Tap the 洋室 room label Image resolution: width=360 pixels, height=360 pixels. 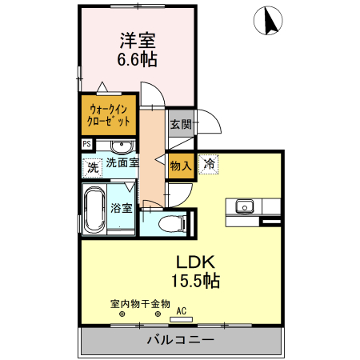(138, 40)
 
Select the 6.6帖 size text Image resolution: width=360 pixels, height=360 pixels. (138, 60)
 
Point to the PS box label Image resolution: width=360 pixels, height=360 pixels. (86, 144)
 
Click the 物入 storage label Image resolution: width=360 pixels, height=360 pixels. (181, 166)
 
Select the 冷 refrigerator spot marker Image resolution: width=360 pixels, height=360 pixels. (209, 164)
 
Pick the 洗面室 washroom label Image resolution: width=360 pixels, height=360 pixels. (122, 162)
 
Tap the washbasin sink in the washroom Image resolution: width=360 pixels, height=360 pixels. (122, 146)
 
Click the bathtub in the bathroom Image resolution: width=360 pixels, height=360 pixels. (95, 209)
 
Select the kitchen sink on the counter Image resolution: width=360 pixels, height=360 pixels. (243, 206)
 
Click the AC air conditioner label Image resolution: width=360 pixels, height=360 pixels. (181, 310)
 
